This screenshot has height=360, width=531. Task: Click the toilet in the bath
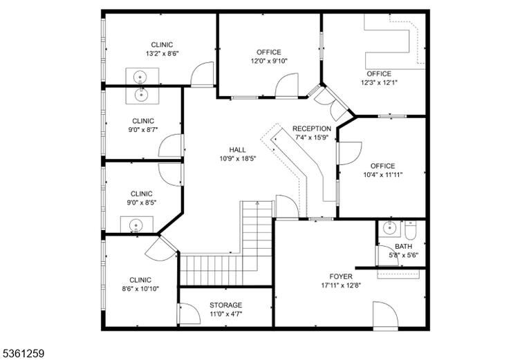coord(411,229)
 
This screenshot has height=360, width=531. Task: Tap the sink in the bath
coord(389,228)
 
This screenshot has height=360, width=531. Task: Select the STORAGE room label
coord(225,305)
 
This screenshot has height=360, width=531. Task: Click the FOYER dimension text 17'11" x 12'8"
coord(341,285)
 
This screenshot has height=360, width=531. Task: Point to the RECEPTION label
coord(312,129)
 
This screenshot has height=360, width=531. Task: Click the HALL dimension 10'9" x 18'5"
coord(237,158)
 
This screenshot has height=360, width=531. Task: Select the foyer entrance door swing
coord(386,314)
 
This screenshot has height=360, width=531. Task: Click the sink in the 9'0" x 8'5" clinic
coord(136,225)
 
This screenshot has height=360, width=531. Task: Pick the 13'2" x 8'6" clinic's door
coord(203,74)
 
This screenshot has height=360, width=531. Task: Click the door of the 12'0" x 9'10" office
coord(286,85)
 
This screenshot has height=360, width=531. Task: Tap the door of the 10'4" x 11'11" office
coord(349,153)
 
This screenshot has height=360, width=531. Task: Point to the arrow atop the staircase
coord(257,203)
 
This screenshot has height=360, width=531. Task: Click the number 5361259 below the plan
coord(22,354)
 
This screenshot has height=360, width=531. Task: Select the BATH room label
coord(403,246)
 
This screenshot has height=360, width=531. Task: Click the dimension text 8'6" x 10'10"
coord(140,289)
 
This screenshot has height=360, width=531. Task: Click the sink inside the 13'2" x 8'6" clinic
coord(140,77)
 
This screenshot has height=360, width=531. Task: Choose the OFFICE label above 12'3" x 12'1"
coord(379,74)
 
